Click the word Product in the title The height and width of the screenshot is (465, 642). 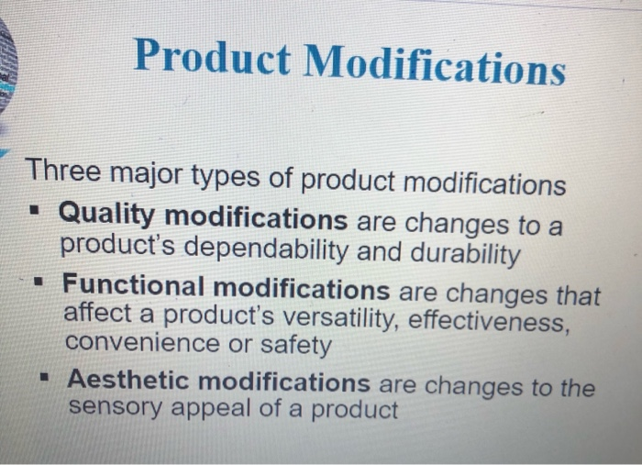(212, 56)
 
